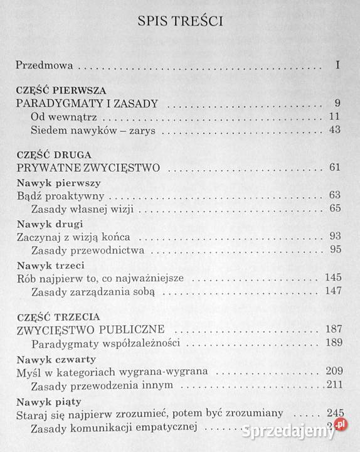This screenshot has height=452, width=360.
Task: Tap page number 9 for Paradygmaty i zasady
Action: [x=337, y=104]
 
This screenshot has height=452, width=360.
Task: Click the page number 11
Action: [x=334, y=117]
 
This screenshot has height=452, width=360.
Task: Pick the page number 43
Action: [x=334, y=131]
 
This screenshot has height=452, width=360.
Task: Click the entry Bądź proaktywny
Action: [x=58, y=196]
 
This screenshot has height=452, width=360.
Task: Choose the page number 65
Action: [x=334, y=208]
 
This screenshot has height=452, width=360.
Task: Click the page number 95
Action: [x=334, y=250]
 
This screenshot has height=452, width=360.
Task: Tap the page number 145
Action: [x=332, y=277]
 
